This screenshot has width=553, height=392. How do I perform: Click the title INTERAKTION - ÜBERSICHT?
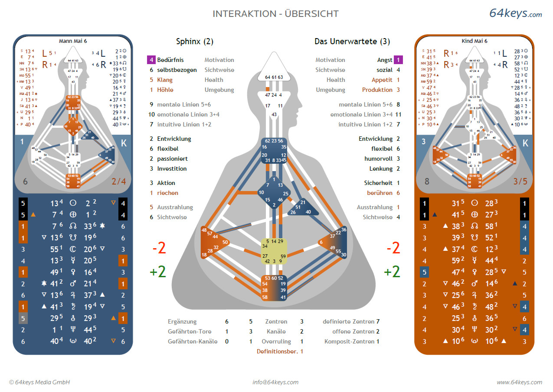(275, 14)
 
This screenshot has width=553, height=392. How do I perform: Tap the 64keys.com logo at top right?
(515, 13)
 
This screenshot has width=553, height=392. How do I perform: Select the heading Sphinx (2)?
(195, 42)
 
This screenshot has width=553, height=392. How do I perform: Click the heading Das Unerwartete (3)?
(352, 42)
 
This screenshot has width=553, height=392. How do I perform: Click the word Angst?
(385, 60)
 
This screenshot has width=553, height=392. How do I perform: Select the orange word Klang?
(165, 80)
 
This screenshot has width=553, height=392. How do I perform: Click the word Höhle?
(165, 90)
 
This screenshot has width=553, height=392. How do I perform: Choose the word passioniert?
(172, 159)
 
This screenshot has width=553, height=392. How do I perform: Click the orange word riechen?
(167, 193)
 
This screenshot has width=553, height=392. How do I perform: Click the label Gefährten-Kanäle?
(193, 341)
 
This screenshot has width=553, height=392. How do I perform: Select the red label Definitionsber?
(277, 351)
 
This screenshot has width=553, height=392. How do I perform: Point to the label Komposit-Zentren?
(350, 341)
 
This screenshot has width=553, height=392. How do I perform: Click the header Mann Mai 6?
(73, 41)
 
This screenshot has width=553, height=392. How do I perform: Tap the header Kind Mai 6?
(474, 41)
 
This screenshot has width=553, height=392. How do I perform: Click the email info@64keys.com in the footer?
(275, 382)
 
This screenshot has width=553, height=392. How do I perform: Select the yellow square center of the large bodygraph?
(275, 251)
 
